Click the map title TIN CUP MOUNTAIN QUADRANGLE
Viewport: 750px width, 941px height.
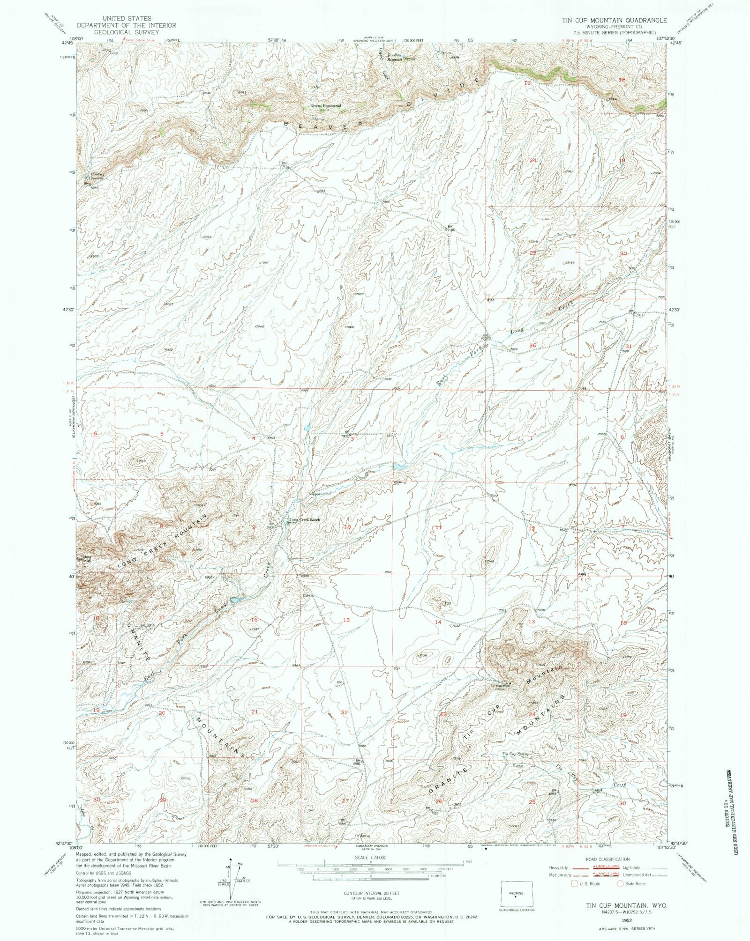pos(614,20)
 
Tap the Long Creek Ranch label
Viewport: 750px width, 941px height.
pos(305,519)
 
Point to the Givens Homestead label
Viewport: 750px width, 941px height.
pos(325,106)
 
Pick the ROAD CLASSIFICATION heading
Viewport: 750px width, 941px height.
pos(608,859)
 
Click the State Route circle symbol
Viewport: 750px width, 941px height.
pos(620,883)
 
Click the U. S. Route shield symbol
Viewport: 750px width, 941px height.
pos(575,883)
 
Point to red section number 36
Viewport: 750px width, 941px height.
pos(532,345)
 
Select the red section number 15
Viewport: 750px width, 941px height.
pos(346,620)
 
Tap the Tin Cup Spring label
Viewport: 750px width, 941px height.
pos(516,754)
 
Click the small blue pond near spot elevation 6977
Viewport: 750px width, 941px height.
pos(400,466)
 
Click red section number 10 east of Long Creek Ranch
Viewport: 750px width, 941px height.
pos(347,527)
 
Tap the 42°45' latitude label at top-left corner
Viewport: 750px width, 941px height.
pos(67,43)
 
